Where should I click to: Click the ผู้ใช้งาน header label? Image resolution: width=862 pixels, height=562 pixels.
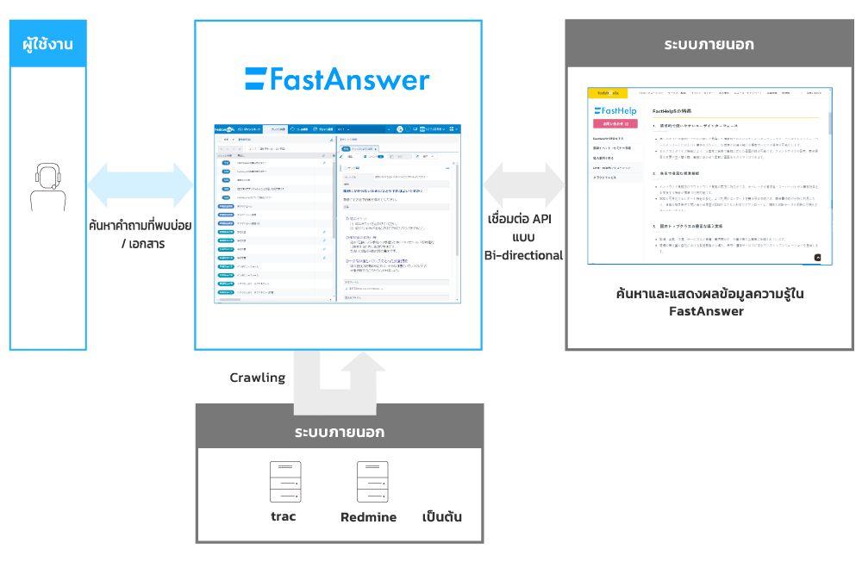[x=48, y=43]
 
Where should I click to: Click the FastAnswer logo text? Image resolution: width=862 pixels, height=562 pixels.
[x=337, y=80]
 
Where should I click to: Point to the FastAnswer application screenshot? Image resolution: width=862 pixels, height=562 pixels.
[x=337, y=211]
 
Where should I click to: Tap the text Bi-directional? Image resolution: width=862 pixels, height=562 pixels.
[x=523, y=255]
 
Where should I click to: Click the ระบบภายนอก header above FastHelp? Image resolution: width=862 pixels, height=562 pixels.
[x=709, y=44]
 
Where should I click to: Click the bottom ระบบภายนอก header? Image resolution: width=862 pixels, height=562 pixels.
[x=339, y=431]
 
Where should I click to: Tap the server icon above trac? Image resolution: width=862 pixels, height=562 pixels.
[x=284, y=483]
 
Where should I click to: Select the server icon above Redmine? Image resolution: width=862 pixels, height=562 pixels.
[x=369, y=483]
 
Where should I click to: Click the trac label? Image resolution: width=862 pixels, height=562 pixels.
[x=284, y=517]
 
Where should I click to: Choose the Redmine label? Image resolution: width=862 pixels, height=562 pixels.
[x=369, y=517]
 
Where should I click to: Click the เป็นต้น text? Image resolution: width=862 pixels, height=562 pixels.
[x=442, y=517]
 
